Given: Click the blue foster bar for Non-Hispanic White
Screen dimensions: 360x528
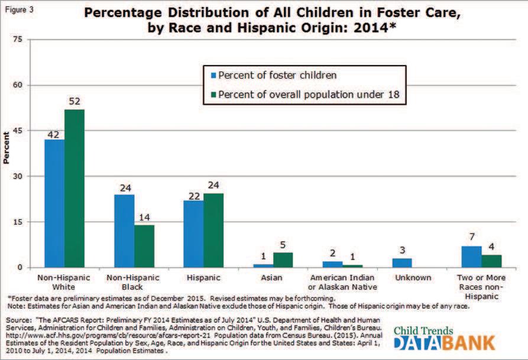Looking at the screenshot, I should (x=55, y=203).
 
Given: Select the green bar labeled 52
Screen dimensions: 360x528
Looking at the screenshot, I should (x=74, y=189).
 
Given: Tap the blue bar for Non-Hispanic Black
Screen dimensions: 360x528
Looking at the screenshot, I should (x=124, y=231).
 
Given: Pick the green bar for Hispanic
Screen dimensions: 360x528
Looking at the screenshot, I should (x=213, y=231).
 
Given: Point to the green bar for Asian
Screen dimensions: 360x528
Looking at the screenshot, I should (x=283, y=260).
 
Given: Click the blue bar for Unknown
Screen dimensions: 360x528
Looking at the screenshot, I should (x=403, y=263).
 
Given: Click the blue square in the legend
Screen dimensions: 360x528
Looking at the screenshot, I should (x=213, y=76).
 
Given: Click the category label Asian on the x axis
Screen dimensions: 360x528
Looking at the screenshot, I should (x=274, y=277).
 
